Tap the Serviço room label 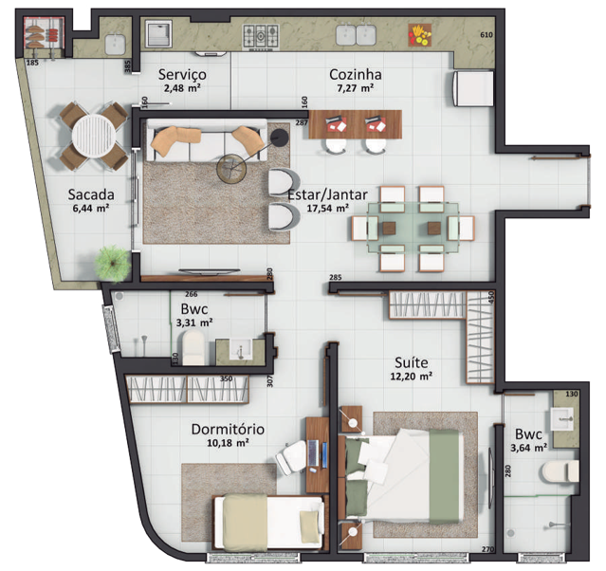click(x=182, y=75)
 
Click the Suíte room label click(x=412, y=362)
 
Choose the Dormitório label click(x=226, y=429)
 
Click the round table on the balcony click(x=93, y=138)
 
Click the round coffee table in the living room click(x=231, y=169)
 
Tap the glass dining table click(x=410, y=228)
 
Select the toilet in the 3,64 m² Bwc click(x=557, y=472)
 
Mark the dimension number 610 click(x=487, y=35)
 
